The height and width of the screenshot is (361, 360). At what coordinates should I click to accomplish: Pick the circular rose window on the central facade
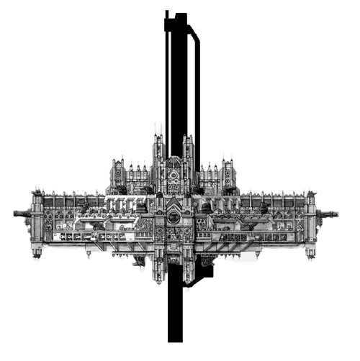pyautogui.click(x=174, y=214)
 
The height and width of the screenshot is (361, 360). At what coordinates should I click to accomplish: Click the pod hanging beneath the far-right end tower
pyautogui.click(x=310, y=251)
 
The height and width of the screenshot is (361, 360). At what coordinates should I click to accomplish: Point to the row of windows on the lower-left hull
pyautogui.click(x=94, y=236)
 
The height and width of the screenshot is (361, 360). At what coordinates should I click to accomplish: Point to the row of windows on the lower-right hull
pyautogui.click(x=252, y=236)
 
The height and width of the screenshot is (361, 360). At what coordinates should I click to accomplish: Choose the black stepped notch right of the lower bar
pyautogui.click(x=204, y=272)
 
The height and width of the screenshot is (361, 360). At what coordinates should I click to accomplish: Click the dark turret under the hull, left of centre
pyautogui.click(x=137, y=257)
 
